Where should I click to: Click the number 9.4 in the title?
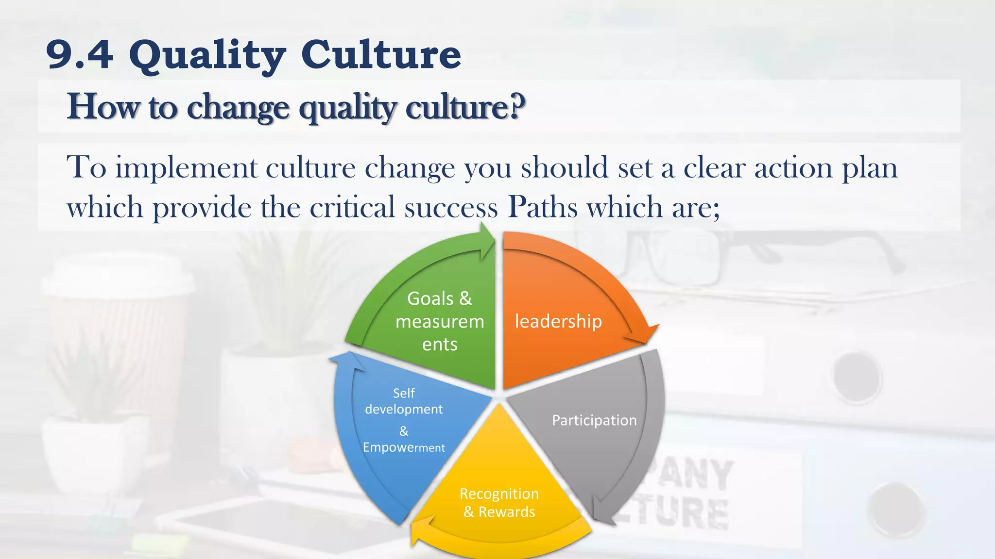coord(80,54)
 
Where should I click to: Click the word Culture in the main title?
coord(381,54)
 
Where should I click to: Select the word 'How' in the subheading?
coord(103,106)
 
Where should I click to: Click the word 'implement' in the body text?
coord(186,168)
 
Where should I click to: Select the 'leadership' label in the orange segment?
coord(558,321)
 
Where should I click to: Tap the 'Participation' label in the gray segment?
coord(594,420)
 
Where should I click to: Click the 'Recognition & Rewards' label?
coord(499,503)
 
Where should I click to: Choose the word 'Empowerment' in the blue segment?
coord(403,447)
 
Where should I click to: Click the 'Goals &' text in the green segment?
coord(439,298)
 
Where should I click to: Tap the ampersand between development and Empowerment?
coord(404,431)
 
